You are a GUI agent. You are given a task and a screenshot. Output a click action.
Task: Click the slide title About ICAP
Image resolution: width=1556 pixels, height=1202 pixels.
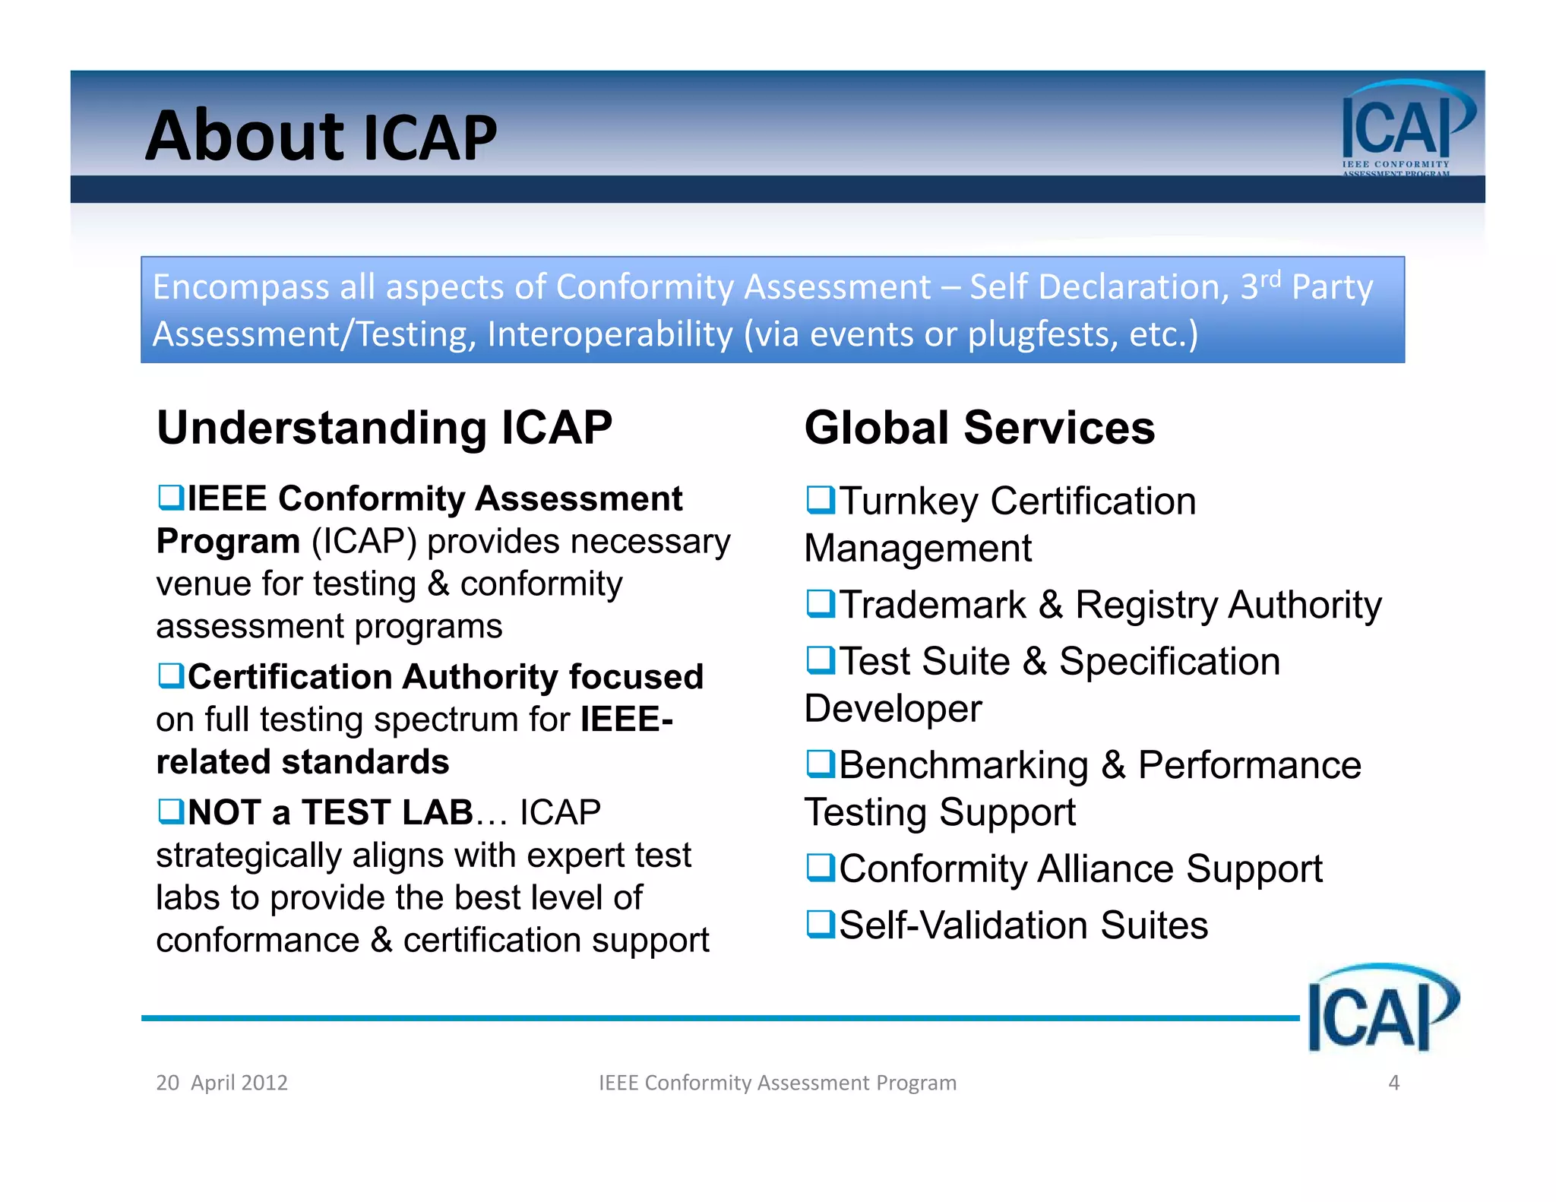pyautogui.click(x=321, y=137)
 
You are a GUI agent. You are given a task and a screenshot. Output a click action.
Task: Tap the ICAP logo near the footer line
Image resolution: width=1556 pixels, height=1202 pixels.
pyautogui.click(x=1381, y=1009)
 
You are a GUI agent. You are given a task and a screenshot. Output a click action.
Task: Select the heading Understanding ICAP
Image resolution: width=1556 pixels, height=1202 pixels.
pyautogui.click(x=384, y=428)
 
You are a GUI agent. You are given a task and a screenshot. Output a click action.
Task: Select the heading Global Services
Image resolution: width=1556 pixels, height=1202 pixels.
pyautogui.click(x=979, y=428)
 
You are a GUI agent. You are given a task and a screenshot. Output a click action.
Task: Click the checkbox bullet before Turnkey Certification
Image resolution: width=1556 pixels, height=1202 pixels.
pyautogui.click(x=820, y=500)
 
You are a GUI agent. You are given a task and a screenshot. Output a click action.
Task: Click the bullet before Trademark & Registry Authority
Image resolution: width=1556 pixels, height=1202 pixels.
pyautogui.click(x=820, y=604)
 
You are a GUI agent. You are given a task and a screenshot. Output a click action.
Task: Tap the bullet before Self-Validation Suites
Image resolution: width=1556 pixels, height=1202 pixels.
pyautogui.click(x=820, y=925)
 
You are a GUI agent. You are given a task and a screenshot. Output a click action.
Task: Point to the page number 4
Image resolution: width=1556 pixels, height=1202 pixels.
pyautogui.click(x=1393, y=1083)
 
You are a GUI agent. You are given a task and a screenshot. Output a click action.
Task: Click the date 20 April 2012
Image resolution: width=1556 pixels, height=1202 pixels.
pyautogui.click(x=222, y=1083)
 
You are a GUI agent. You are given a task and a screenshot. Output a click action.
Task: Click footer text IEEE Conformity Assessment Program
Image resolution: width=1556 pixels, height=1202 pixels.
pyautogui.click(x=777, y=1083)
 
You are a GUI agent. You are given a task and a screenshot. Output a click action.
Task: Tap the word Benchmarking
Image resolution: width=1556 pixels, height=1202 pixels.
pyautogui.click(x=963, y=765)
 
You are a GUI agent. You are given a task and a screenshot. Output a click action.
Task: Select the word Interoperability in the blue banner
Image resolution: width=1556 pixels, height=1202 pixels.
pyautogui.click(x=609, y=334)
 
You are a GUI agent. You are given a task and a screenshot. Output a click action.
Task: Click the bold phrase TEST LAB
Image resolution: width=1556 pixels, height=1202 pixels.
pyautogui.click(x=387, y=812)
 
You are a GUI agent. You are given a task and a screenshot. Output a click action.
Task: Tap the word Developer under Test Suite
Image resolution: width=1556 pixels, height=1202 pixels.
pyautogui.click(x=893, y=708)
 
